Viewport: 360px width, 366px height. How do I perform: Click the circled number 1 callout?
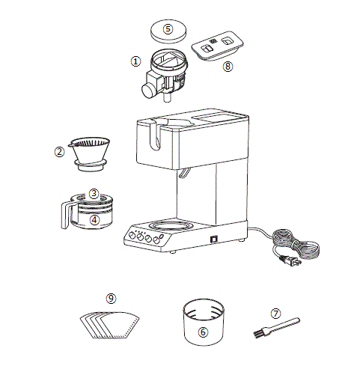tap(135, 61)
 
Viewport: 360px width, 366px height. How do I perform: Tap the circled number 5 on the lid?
tap(168, 28)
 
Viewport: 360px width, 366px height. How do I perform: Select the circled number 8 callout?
tap(228, 67)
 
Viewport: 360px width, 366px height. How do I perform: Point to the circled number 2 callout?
tap(59, 152)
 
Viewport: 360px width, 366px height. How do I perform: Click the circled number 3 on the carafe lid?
tap(94, 193)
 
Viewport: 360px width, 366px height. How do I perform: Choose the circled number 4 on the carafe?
tap(94, 220)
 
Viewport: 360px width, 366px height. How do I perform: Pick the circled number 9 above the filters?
tap(111, 298)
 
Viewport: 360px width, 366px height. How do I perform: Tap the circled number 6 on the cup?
tap(203, 332)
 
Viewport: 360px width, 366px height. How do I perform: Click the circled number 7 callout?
tap(275, 314)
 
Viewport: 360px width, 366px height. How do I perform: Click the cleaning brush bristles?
tap(257, 334)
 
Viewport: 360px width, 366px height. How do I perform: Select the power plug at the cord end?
tap(291, 261)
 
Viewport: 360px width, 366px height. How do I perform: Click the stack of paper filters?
tap(110, 325)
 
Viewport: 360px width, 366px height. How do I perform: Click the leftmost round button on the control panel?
tap(132, 236)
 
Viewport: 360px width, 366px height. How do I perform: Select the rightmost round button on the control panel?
tap(156, 240)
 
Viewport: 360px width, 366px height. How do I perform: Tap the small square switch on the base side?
tap(214, 239)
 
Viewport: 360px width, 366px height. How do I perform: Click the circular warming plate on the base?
tap(170, 226)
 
